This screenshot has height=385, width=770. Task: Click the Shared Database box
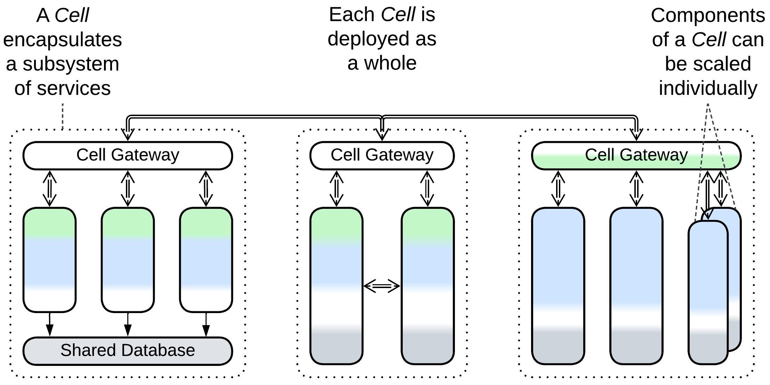click(x=128, y=351)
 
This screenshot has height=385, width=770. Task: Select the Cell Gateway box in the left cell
click(x=128, y=155)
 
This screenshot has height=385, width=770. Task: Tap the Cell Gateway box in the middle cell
click(x=382, y=155)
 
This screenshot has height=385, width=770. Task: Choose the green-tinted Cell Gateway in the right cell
click(x=636, y=155)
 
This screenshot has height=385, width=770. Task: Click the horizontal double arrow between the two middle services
click(x=382, y=286)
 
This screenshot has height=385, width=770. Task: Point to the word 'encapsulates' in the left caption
click(x=63, y=40)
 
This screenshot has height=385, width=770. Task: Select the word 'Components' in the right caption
click(x=708, y=16)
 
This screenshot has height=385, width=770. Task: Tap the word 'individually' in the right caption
click(x=708, y=88)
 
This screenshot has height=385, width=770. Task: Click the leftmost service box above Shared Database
click(x=49, y=260)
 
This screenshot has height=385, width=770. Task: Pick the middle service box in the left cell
click(x=128, y=260)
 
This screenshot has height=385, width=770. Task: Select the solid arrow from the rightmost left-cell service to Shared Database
click(x=206, y=325)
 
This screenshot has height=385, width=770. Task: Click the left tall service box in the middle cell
click(x=336, y=286)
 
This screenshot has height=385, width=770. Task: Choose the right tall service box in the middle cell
click(x=427, y=286)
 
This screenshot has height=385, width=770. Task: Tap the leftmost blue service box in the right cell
click(x=558, y=286)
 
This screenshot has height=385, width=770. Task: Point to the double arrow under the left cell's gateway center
click(x=128, y=189)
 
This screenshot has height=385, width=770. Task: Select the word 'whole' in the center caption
click(x=390, y=63)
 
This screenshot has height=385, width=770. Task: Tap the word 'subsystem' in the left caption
click(x=71, y=64)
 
